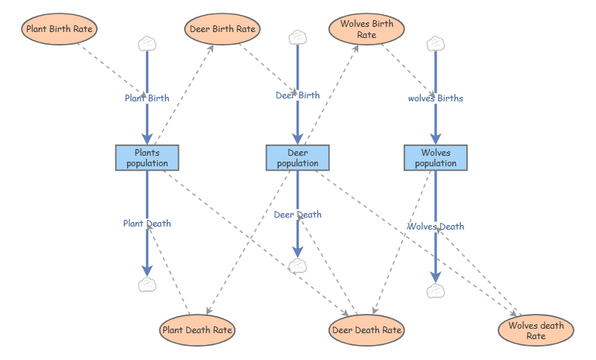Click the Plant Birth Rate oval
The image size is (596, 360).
[60, 29]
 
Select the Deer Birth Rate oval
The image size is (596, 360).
[222, 29]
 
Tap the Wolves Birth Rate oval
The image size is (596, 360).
[367, 29]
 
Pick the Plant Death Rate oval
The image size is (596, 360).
[197, 330]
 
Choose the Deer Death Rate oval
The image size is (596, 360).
[367, 330]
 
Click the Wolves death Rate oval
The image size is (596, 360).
[536, 330]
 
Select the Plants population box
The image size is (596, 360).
[147, 158]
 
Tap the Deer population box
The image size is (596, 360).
[297, 158]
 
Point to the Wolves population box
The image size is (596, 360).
[436, 158]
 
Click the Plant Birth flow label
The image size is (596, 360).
[147, 98]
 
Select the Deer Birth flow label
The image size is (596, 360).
[297, 95]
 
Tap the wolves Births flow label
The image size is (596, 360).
[436, 98]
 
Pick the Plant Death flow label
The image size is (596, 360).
[147, 224]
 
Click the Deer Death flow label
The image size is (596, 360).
[297, 215]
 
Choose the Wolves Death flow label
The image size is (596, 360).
[436, 227]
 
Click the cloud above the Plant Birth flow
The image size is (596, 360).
[147, 44]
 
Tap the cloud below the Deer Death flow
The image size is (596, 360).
[297, 266]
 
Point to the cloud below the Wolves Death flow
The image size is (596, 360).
[436, 291]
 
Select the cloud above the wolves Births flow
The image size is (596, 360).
[436, 44]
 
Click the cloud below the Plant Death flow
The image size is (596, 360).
[147, 285]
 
